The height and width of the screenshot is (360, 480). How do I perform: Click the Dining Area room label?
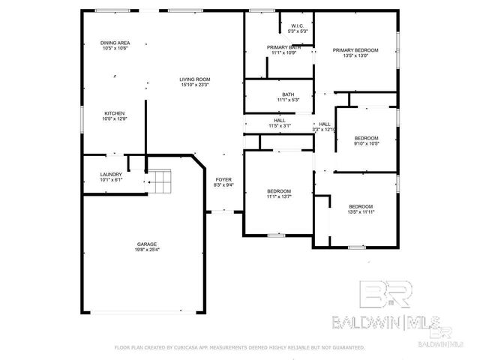tap(115, 43)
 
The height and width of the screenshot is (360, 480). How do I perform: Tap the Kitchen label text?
tap(114, 113)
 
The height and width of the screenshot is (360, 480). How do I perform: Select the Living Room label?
tap(194, 79)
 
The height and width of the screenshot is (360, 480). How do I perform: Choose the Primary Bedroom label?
tap(355, 50)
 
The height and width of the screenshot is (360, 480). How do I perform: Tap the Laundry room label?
tap(111, 175)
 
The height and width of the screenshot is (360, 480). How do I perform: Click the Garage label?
tap(147, 244)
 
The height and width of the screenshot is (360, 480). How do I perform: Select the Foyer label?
tap(223, 179)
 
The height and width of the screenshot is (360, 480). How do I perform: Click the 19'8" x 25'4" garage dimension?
tap(147, 250)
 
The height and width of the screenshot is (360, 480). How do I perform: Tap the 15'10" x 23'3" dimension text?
tap(194, 85)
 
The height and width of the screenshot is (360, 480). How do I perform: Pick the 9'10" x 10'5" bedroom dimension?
tap(366, 144)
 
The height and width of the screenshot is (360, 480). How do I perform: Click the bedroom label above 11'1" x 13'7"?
tap(279, 192)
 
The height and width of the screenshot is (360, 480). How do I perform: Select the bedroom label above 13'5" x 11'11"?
tap(360, 206)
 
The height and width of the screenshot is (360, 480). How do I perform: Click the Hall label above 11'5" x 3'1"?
tap(279, 120)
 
